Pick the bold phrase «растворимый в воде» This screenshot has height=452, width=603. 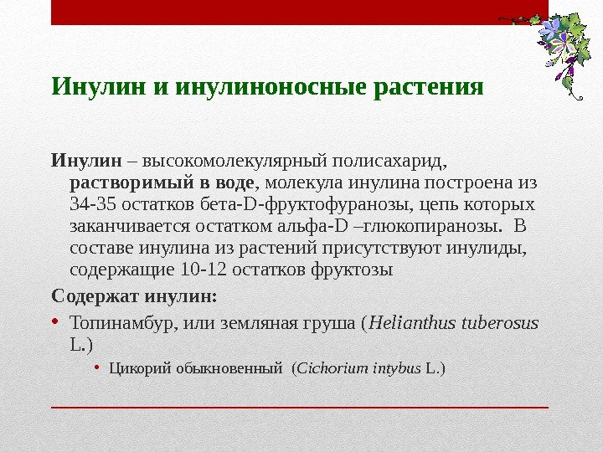(161, 182)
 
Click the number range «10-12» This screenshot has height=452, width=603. (201, 271)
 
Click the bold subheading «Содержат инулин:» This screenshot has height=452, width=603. (134, 295)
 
